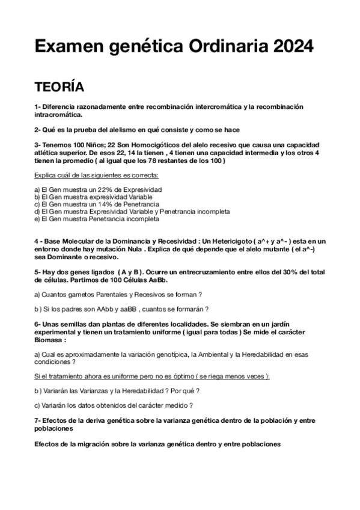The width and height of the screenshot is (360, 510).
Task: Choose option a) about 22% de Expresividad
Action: (x=98, y=189)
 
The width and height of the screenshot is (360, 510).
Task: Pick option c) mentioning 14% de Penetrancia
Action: (x=96, y=204)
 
